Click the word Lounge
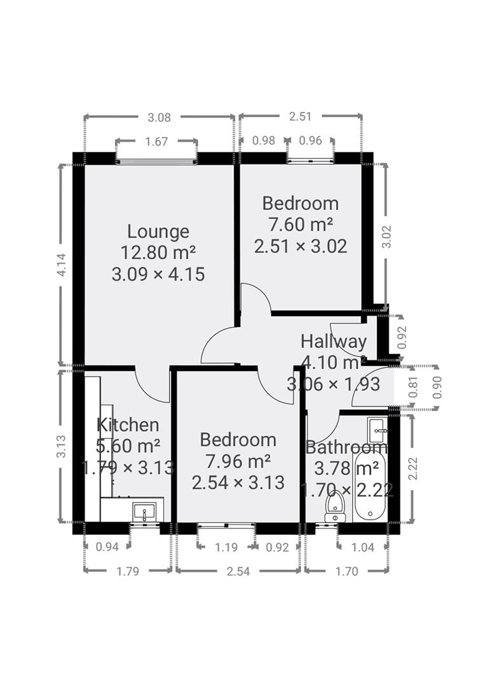158,232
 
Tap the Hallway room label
334,342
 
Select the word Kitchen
128,425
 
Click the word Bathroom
346,447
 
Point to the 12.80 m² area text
158,253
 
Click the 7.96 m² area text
238,461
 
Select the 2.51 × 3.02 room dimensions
301,246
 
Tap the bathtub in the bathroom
370,487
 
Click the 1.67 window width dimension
156,142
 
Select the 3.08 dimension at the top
159,117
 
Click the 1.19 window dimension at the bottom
226,546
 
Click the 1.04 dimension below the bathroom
363,546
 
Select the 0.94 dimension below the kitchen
107,546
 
